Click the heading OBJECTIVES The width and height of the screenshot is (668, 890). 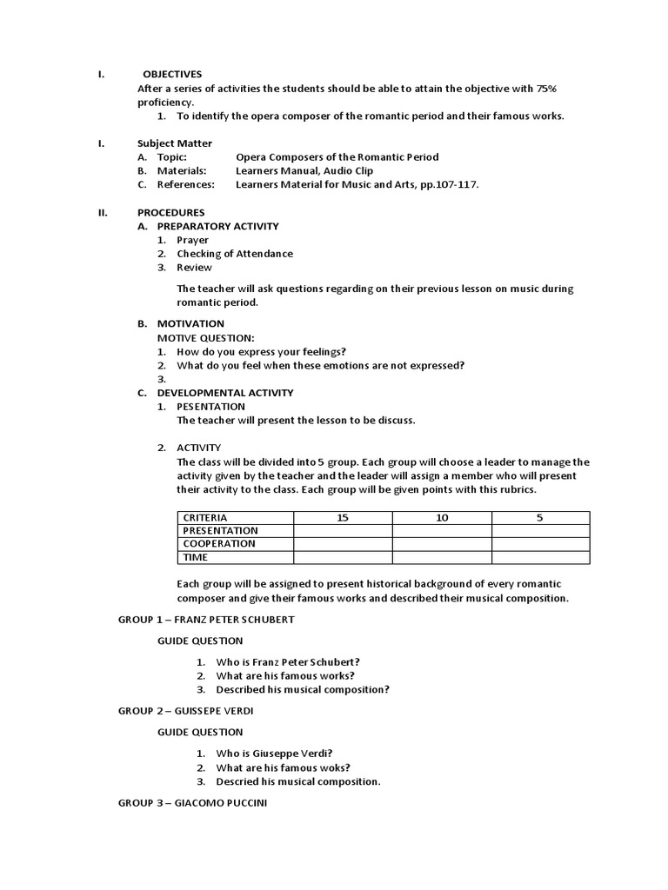172,74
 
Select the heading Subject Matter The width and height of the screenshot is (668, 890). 174,143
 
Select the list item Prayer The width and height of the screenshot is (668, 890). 192,240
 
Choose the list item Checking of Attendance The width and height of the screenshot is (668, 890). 235,254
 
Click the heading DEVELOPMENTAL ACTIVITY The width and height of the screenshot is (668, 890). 224,393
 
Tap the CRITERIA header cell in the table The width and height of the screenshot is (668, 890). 205,518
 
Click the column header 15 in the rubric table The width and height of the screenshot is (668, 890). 342,518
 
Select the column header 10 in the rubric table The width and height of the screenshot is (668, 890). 442,518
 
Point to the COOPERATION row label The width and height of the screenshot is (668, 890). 219,544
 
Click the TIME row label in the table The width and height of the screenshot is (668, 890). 196,557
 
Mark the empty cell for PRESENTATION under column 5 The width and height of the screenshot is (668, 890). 540,531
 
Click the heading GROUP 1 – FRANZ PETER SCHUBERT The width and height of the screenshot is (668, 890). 206,620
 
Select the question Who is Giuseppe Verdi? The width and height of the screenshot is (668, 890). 274,754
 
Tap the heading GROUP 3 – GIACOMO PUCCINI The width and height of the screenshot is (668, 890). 192,802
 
